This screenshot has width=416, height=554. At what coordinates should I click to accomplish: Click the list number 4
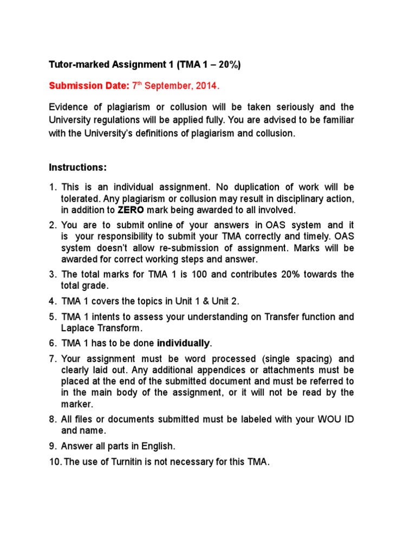(52, 300)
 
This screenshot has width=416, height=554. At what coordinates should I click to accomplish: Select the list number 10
(55, 464)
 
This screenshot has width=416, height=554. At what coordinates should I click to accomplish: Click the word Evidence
(69, 107)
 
